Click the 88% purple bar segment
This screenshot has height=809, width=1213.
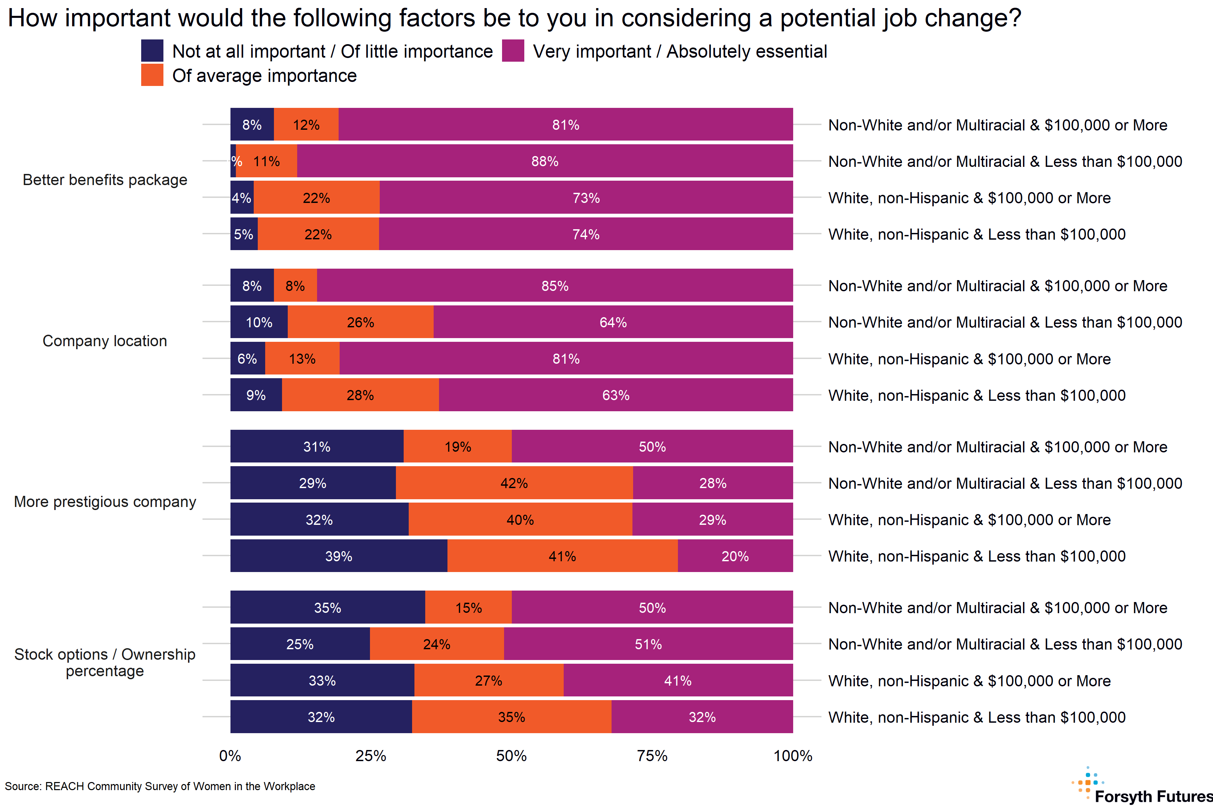point(545,161)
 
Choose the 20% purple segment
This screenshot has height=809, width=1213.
point(735,556)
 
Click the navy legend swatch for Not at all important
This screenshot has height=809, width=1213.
point(152,51)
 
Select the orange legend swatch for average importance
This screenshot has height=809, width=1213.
point(152,75)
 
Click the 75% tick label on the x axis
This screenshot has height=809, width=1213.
point(652,756)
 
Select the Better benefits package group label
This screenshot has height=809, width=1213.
point(105,180)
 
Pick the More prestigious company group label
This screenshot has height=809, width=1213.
point(105,502)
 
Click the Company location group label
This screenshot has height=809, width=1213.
point(105,340)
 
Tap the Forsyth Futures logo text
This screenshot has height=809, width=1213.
point(1153,796)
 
